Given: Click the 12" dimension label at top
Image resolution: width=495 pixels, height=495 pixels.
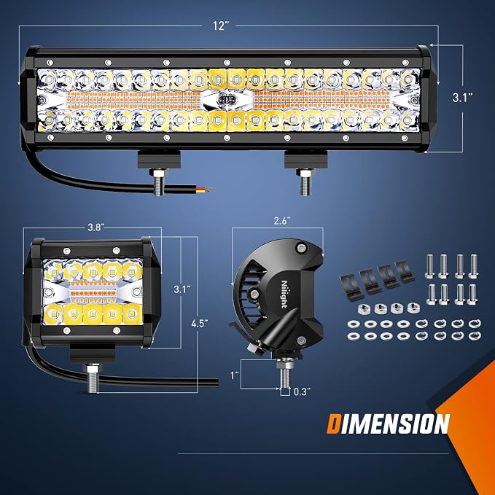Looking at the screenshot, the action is pyautogui.click(x=220, y=26).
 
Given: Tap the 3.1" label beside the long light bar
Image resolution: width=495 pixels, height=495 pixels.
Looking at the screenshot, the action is pyautogui.click(x=463, y=98).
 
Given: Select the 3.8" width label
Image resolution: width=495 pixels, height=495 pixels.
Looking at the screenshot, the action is pyautogui.click(x=96, y=227).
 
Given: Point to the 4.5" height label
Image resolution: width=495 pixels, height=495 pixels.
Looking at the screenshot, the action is pyautogui.click(x=200, y=324).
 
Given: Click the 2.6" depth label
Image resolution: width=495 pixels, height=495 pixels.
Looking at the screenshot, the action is pyautogui.click(x=282, y=221).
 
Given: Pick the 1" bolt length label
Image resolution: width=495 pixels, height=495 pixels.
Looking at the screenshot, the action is pyautogui.click(x=235, y=375).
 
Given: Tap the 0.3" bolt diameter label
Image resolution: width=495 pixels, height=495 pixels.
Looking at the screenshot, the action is pyautogui.click(x=302, y=391).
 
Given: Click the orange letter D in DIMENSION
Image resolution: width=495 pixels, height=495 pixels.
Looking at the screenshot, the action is pyautogui.click(x=333, y=424).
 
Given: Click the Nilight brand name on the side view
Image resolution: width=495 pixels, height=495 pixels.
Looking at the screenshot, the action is pyautogui.click(x=284, y=295).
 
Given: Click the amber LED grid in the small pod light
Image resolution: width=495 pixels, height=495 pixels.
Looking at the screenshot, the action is pyautogui.click(x=93, y=290).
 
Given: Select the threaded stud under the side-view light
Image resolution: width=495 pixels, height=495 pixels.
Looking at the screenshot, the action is pyautogui.click(x=285, y=375).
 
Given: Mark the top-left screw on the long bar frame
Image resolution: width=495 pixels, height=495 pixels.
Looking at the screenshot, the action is pyautogui.click(x=50, y=62).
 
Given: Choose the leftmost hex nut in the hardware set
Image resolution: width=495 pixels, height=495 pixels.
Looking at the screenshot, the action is pyautogui.click(x=364, y=309).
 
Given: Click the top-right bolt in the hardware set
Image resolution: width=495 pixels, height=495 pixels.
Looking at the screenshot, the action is pyautogui.click(x=473, y=266).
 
